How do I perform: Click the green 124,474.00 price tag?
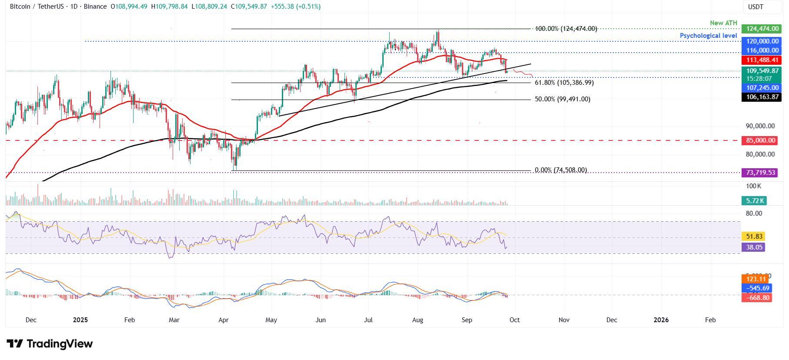pyautogui.click(x=762, y=29)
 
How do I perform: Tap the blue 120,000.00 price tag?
pyautogui.click(x=762, y=41)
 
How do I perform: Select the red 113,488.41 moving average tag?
pyautogui.click(x=762, y=60)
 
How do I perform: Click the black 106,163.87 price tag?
pyautogui.click(x=762, y=97)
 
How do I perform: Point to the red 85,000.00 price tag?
pyautogui.click(x=762, y=140)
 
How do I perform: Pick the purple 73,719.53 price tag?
pyautogui.click(x=762, y=173)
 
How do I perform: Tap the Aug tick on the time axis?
pyautogui.click(x=418, y=320)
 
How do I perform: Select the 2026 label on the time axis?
pyautogui.click(x=661, y=320)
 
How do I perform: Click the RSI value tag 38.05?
pyautogui.click(x=753, y=247)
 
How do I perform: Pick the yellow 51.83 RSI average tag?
pyautogui.click(x=753, y=237)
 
